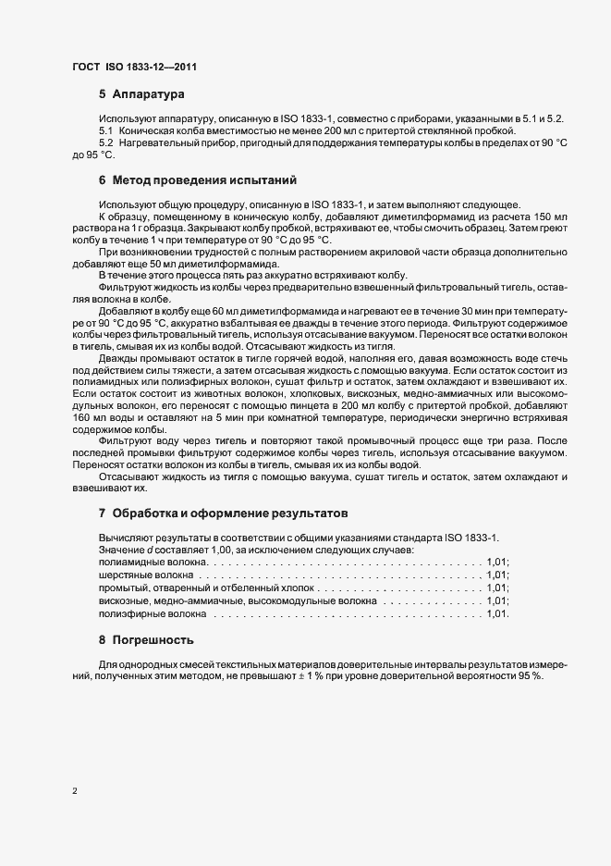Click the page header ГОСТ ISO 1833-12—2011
(x=134, y=67)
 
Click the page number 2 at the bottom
(x=74, y=791)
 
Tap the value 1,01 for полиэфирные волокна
(x=496, y=613)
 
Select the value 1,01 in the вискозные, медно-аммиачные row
(x=496, y=600)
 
